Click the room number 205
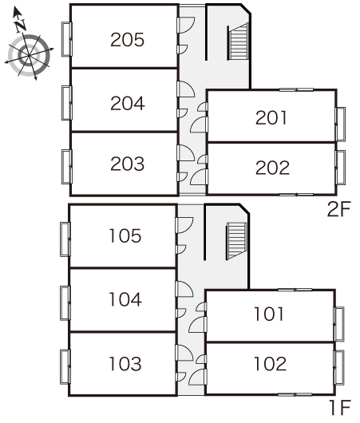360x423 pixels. point(127,40)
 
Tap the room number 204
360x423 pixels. point(128,103)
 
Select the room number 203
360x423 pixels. point(127,164)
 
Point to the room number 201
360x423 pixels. point(271,118)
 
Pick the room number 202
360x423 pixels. point(272,168)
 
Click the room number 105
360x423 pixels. point(125,235)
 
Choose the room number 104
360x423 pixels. point(125,299)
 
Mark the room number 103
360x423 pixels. point(125,364)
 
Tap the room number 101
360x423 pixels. point(269,314)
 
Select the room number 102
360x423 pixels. point(270,364)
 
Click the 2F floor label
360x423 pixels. point(338,209)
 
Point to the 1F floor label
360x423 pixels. point(340,407)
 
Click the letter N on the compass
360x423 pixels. point(21,25)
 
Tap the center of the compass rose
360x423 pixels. point(29,55)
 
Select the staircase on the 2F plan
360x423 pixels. point(238,42)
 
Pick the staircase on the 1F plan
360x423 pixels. point(236,241)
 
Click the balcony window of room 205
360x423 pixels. point(67,39)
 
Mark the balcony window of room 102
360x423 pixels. point(339,367)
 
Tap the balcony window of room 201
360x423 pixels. point(340,124)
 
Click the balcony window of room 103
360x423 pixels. point(65,366)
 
